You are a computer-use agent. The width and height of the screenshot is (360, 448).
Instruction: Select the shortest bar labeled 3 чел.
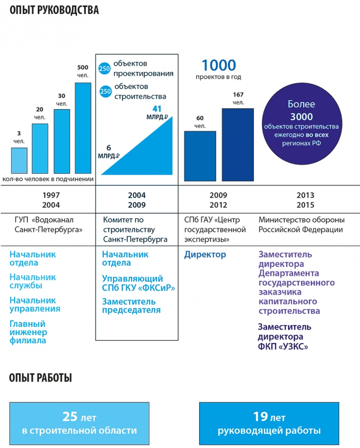[19, 161]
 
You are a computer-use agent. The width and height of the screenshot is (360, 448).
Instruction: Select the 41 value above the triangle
[156, 109]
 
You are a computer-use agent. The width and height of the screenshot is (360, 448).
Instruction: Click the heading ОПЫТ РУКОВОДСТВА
[54, 10]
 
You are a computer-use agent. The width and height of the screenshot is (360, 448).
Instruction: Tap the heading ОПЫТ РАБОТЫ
[41, 378]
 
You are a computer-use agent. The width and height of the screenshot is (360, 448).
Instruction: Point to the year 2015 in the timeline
[305, 205]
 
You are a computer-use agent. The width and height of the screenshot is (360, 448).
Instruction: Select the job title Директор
[205, 255]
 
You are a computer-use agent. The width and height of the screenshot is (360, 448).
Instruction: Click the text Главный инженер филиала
[28, 332]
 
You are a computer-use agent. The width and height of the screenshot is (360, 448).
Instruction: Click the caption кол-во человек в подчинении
[48, 179]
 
